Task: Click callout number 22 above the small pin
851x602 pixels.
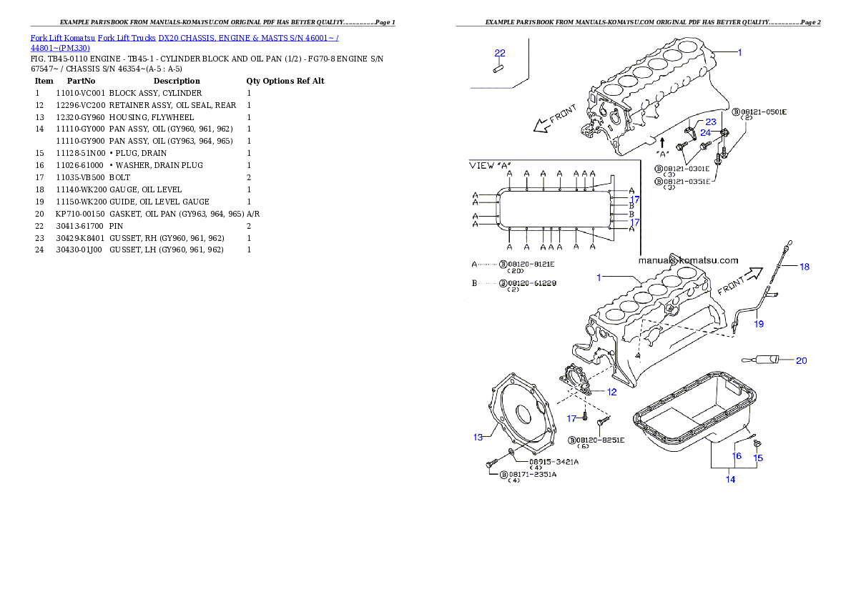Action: click(500, 53)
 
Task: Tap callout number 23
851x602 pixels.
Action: click(710, 122)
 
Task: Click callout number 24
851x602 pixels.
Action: click(705, 132)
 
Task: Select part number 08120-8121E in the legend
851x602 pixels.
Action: click(531, 264)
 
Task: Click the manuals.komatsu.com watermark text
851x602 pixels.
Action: click(687, 260)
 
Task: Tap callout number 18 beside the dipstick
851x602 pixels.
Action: click(805, 267)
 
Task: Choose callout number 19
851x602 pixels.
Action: click(759, 324)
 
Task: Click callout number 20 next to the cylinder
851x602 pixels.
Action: click(801, 360)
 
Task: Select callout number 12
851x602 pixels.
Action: click(611, 392)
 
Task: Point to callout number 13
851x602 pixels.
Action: click(478, 437)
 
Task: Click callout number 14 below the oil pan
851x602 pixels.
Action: click(730, 480)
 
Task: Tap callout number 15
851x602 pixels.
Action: click(758, 458)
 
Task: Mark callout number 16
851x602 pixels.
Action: click(736, 455)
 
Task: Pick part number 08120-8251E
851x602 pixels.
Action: click(600, 440)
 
